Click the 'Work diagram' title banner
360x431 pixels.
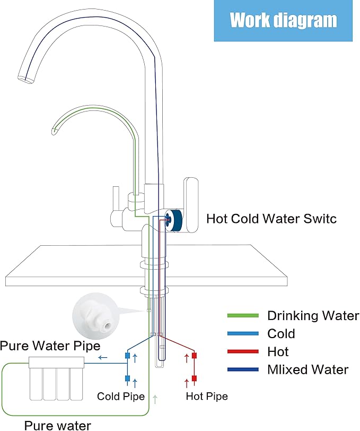(284, 21)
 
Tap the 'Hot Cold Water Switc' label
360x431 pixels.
(271, 218)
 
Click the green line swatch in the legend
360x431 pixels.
(243, 316)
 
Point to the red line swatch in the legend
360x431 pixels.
(243, 352)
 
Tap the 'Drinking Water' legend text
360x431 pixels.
(313, 316)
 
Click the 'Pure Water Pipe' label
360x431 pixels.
(50, 346)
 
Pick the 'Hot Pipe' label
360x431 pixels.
(207, 396)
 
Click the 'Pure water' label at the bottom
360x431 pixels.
(61, 424)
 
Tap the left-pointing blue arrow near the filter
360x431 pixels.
(103, 358)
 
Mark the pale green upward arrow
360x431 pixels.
(155, 399)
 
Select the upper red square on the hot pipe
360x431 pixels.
(195, 356)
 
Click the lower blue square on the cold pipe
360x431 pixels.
(127, 378)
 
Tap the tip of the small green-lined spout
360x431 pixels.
(54, 130)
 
